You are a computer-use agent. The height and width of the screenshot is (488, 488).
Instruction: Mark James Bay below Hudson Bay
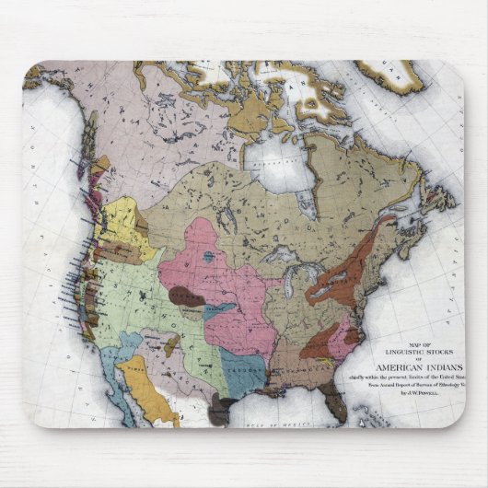[309, 204]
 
